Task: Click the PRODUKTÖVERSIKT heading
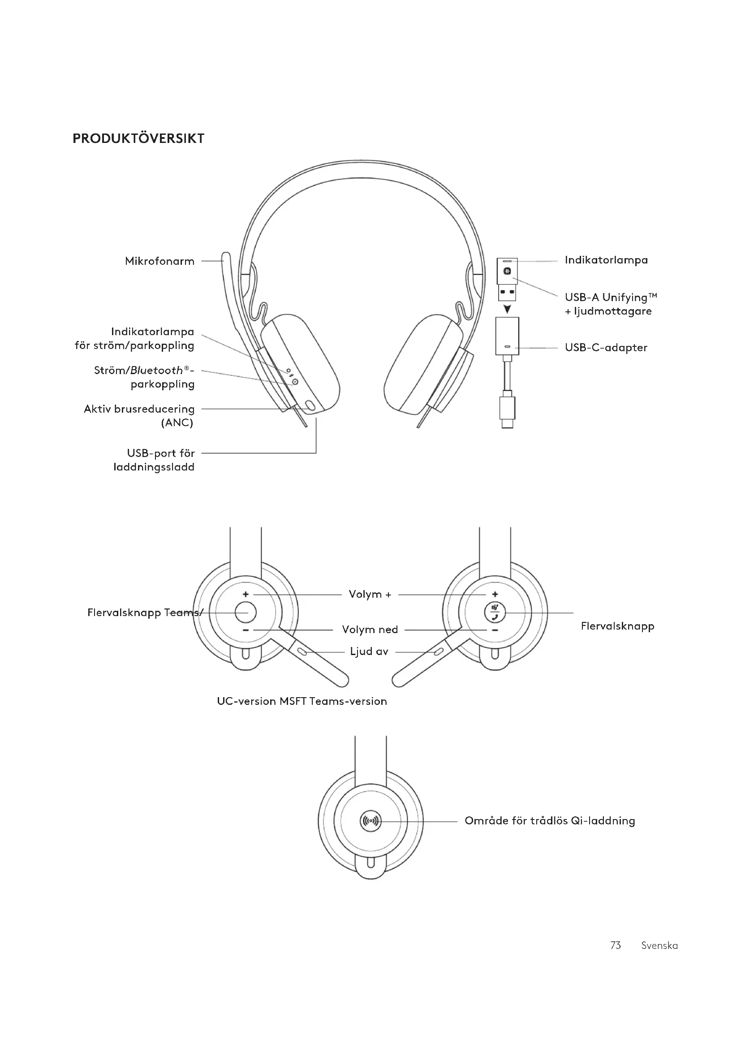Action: click(138, 139)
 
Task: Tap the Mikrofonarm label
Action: click(159, 262)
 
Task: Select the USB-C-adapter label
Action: click(606, 348)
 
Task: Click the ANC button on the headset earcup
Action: click(310, 405)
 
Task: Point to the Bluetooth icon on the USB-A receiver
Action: click(507, 272)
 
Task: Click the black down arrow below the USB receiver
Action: click(507, 310)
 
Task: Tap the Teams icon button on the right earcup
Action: click(495, 612)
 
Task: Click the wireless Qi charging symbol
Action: click(370, 821)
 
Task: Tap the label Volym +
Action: click(370, 594)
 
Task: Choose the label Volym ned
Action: click(370, 630)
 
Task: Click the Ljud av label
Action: click(369, 652)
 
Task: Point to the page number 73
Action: click(616, 945)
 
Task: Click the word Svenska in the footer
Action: click(659, 945)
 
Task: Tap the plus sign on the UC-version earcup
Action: click(246, 594)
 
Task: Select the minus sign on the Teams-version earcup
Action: click(495, 630)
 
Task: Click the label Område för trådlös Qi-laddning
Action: click(550, 821)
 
